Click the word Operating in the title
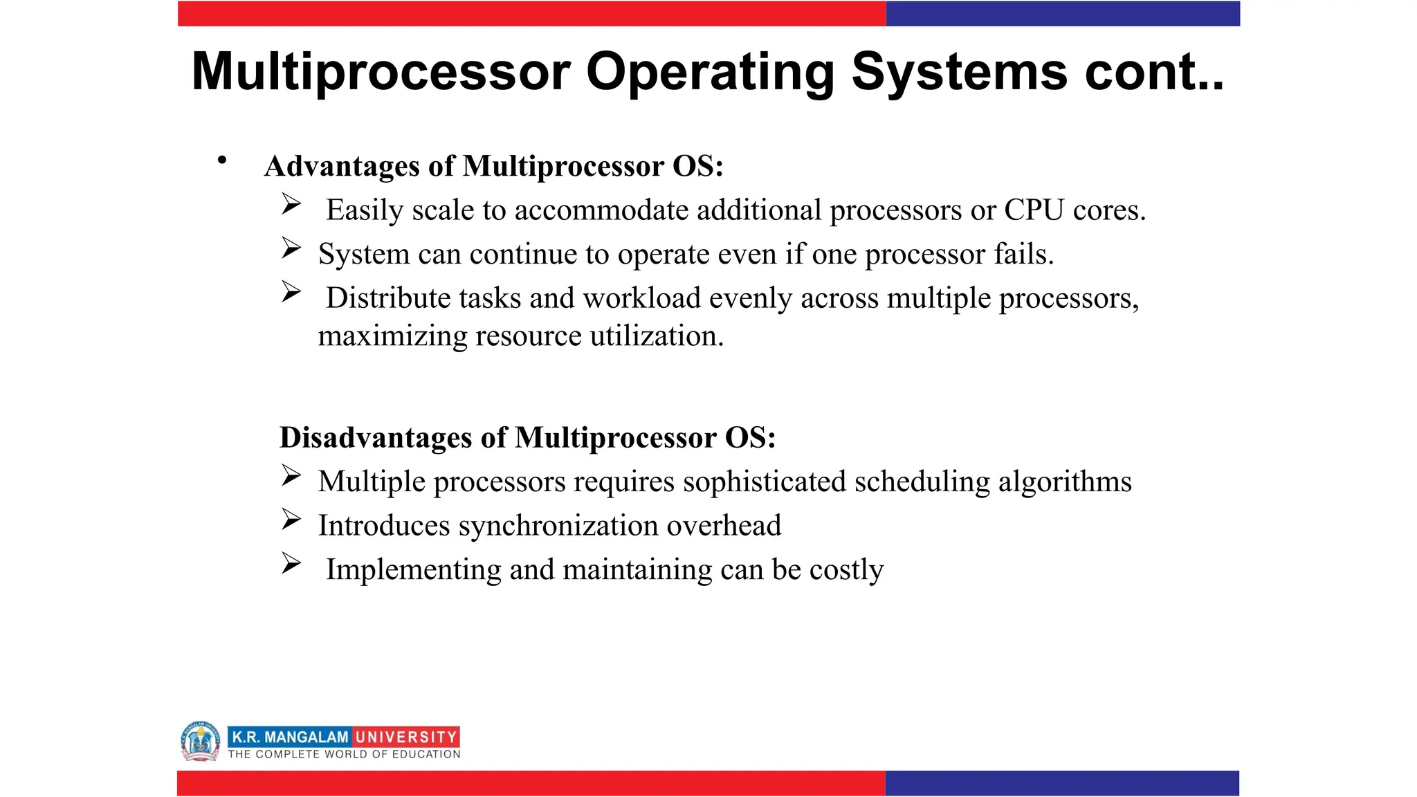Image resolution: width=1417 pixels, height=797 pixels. click(x=710, y=72)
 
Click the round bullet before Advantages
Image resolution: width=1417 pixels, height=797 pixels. click(x=222, y=161)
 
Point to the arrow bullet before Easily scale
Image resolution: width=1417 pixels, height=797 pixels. click(x=291, y=204)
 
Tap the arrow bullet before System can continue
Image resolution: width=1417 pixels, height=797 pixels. click(x=291, y=248)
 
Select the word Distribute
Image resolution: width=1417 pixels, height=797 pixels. click(x=388, y=298)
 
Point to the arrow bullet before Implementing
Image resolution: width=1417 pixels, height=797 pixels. click(x=291, y=564)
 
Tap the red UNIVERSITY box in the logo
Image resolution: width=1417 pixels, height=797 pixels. click(x=406, y=738)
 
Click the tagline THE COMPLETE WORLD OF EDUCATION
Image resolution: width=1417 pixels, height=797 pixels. click(x=344, y=755)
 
